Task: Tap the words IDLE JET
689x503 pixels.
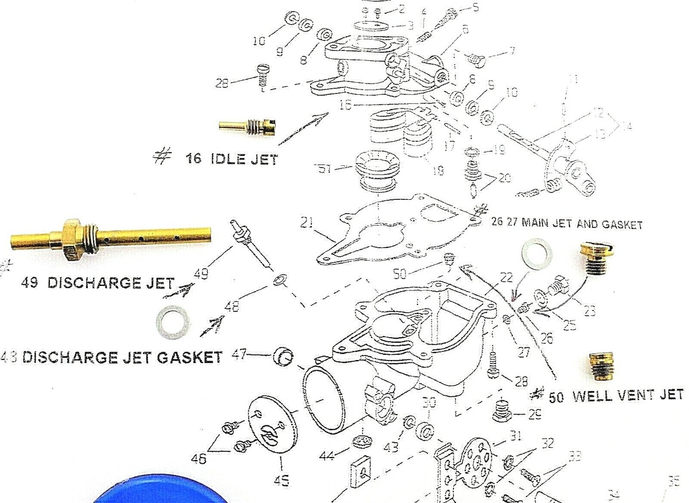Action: pyautogui.click(x=244, y=158)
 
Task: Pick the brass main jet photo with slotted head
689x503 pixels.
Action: pyautogui.click(x=595, y=257)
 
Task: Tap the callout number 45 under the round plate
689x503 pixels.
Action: pyautogui.click(x=281, y=481)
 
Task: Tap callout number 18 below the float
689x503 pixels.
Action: pyautogui.click(x=437, y=171)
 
